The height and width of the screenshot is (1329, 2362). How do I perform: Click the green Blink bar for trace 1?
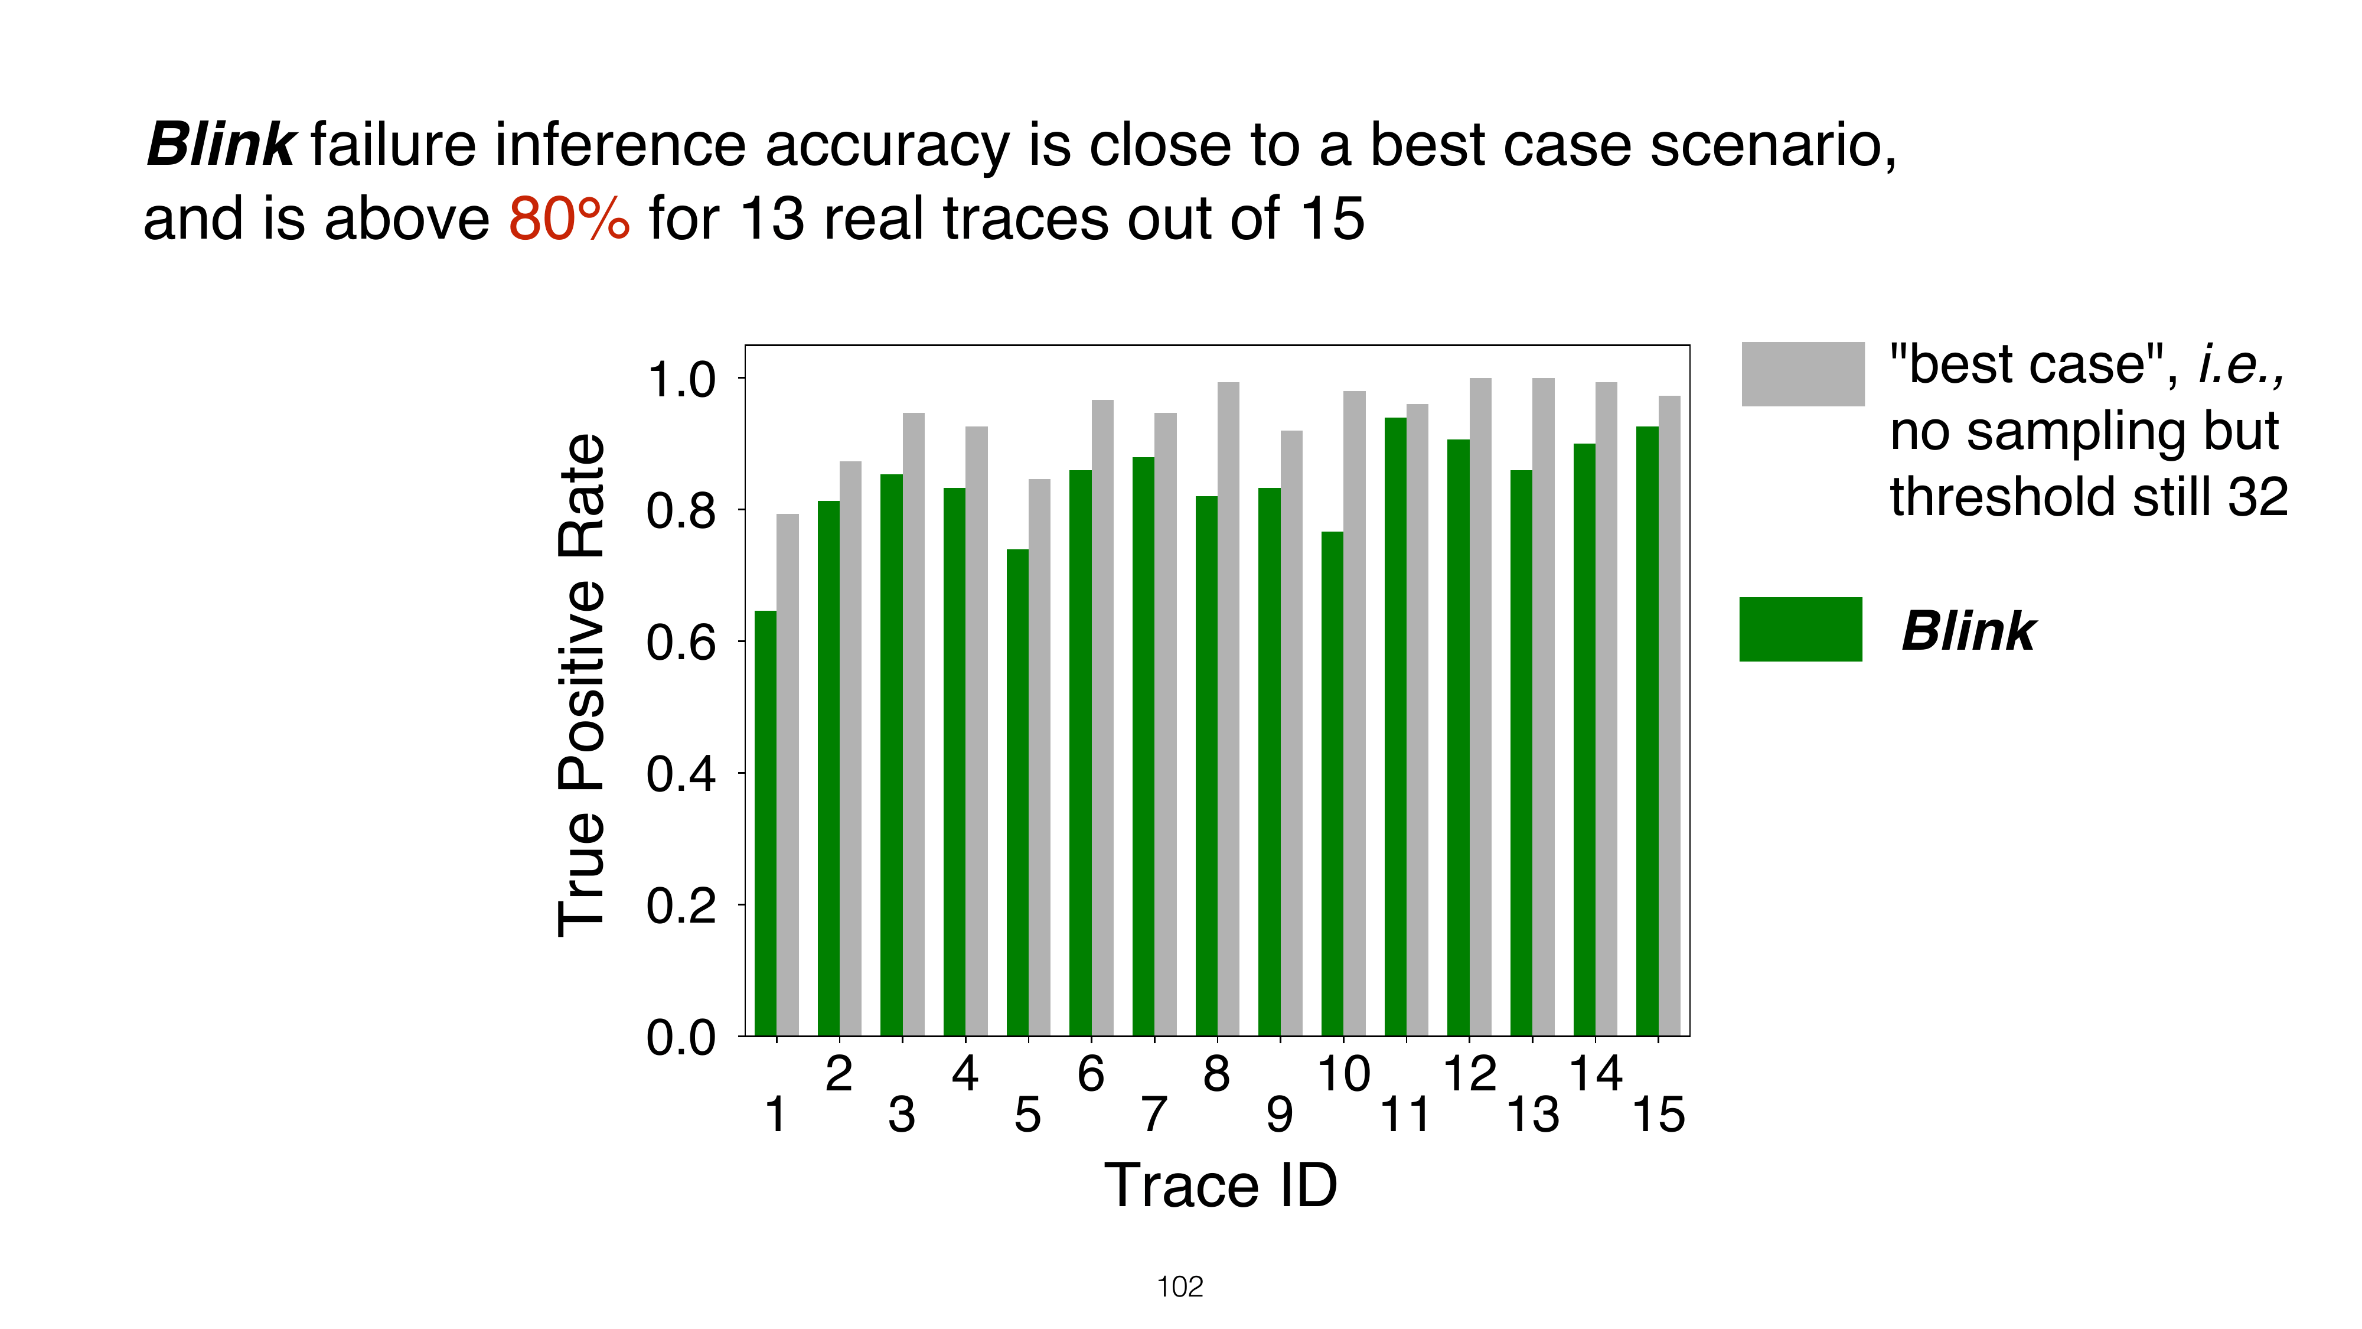pyautogui.click(x=766, y=823)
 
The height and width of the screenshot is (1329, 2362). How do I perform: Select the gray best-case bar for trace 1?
pyautogui.click(x=788, y=775)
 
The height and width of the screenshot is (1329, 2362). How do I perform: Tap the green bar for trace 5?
pyautogui.click(x=1018, y=793)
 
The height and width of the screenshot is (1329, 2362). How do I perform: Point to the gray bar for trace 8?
pyautogui.click(x=1229, y=709)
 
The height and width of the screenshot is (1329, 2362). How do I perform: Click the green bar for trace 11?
pyautogui.click(x=1395, y=727)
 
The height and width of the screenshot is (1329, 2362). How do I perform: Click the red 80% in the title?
pyautogui.click(x=569, y=219)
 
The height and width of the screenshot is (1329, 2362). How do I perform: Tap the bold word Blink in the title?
pyautogui.click(x=220, y=145)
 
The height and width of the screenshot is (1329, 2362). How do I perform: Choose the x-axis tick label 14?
pyautogui.click(x=1596, y=1074)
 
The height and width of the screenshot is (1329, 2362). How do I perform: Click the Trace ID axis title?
pyautogui.click(x=1221, y=1186)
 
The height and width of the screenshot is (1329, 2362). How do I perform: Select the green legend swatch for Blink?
pyautogui.click(x=1801, y=629)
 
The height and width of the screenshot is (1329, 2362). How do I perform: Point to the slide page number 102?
pyautogui.click(x=1180, y=1288)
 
